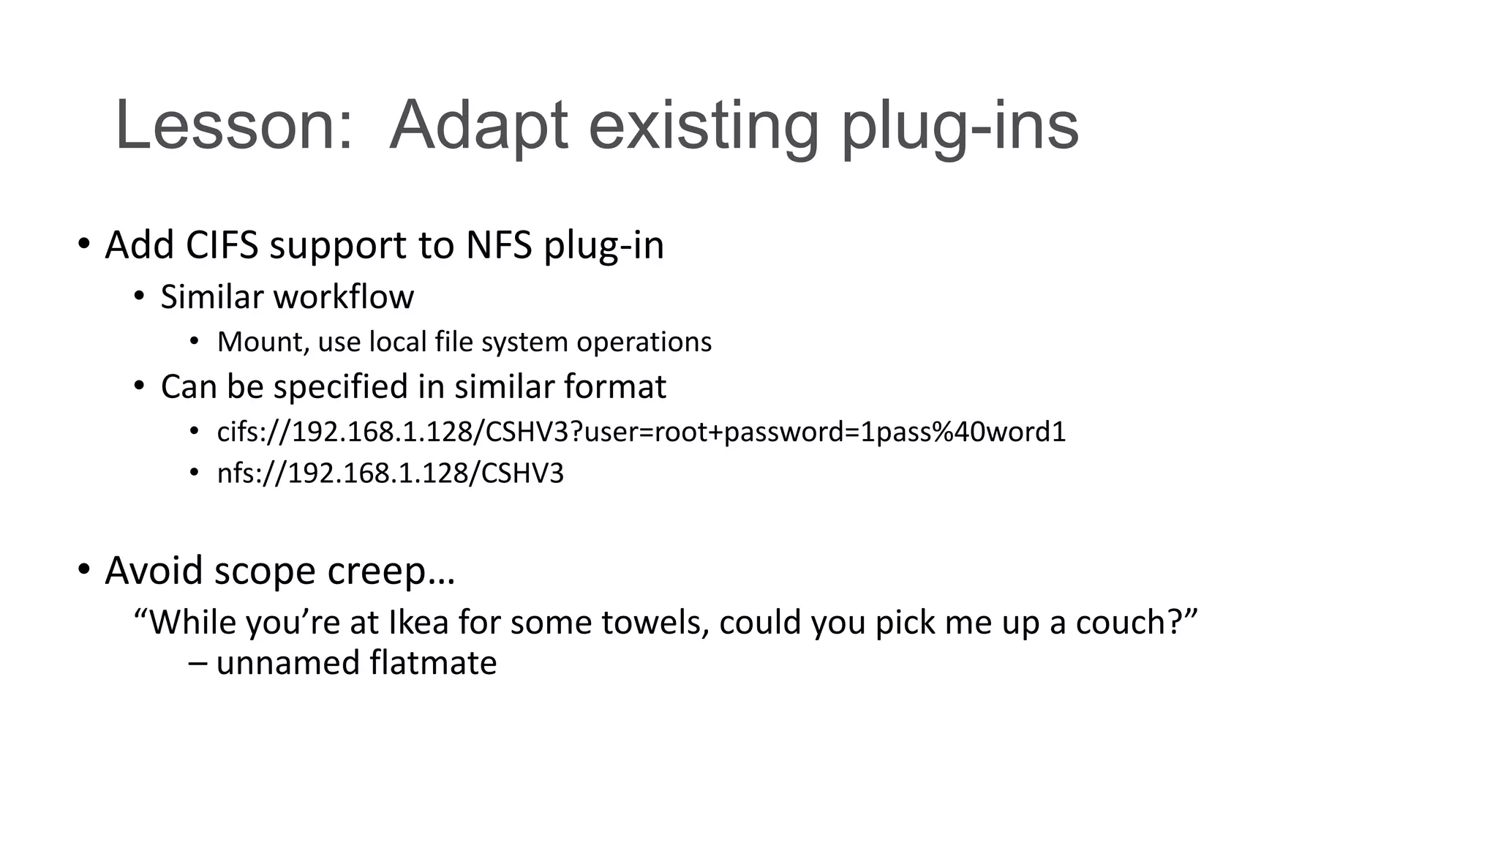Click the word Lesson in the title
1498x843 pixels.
point(233,125)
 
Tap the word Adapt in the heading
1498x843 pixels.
point(478,125)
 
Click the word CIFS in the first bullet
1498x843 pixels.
point(222,245)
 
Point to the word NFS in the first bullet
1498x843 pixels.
point(498,245)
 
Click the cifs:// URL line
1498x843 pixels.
point(641,432)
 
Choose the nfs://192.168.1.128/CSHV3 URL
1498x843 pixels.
point(391,473)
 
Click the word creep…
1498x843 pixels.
point(391,572)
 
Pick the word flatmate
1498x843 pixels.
point(433,663)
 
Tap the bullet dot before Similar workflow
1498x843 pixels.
point(139,296)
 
